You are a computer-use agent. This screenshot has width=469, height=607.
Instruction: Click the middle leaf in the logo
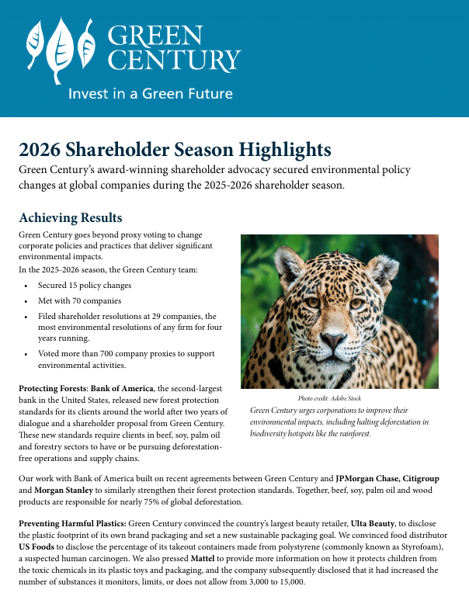pos(60,50)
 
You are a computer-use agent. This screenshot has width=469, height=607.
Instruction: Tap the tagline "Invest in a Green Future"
pos(151,94)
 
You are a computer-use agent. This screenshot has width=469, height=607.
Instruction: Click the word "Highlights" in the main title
pos(285,150)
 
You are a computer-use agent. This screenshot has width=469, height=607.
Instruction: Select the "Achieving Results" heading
pos(71,217)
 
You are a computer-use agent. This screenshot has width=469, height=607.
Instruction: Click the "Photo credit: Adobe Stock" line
pos(329,398)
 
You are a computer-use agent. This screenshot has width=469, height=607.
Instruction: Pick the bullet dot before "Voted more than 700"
pos(26,354)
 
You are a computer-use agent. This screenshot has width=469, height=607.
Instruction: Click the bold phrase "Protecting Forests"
pos(53,388)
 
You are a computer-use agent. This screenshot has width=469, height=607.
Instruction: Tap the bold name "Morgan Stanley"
pos(64,490)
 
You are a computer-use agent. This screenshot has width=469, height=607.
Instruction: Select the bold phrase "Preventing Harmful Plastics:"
pos(72,524)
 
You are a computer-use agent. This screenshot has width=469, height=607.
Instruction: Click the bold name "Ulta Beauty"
pos(373,524)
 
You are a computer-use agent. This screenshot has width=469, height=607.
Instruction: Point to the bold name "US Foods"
pos(36,547)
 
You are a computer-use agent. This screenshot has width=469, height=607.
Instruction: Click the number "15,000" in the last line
pos(291,582)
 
